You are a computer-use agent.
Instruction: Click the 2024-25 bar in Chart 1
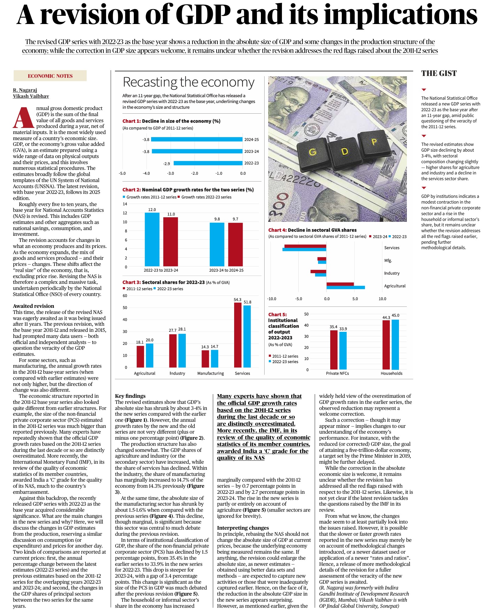[197, 139]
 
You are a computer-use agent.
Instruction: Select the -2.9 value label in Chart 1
[167, 163]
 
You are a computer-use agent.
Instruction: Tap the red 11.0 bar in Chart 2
[171, 242]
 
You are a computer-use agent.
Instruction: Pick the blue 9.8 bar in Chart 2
[217, 244]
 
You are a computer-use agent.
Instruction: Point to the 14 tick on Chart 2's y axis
[125, 204]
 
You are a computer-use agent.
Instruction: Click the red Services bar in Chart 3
[238, 335]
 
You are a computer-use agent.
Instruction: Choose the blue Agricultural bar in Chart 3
[150, 355]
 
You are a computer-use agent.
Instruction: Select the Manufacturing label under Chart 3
[210, 373]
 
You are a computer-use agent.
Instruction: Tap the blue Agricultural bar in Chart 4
[345, 287]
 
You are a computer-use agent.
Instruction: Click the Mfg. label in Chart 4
[388, 260]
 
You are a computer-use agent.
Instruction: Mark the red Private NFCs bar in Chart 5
[334, 350]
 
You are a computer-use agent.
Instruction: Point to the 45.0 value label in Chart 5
[395, 315]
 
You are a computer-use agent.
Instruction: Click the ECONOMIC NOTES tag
[50, 76]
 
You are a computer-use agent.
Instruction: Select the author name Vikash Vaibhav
[31, 96]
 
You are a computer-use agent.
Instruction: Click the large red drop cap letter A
[23, 117]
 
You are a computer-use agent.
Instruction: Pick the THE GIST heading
[439, 73]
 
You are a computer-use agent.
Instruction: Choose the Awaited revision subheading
[33, 306]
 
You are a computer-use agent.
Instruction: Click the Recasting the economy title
[189, 82]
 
